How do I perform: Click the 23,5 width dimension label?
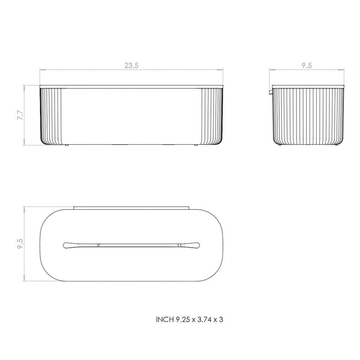coord(132,65)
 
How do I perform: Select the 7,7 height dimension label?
coord(21,115)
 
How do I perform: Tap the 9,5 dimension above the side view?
coord(306,65)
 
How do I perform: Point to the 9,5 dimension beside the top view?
coord(21,243)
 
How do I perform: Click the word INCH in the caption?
coord(165,319)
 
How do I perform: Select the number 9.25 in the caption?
coord(183,319)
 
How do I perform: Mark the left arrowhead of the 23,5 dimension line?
coord(42,70)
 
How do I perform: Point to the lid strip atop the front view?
coord(132,87)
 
